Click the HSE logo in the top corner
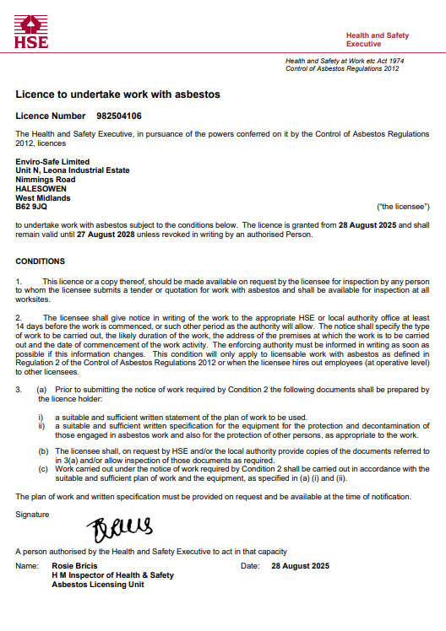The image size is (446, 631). (x=31, y=30)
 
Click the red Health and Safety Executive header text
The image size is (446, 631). (x=377, y=39)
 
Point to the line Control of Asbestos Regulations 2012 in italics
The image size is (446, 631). (x=342, y=68)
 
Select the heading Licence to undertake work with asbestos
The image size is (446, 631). (x=117, y=94)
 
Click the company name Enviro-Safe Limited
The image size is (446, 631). (x=52, y=161)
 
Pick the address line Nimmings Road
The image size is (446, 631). (x=46, y=180)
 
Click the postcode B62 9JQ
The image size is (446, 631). (x=31, y=207)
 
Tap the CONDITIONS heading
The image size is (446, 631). (x=40, y=262)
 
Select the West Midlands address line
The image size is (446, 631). (x=43, y=198)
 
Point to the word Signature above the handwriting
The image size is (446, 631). (x=33, y=513)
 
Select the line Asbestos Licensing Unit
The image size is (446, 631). (x=98, y=584)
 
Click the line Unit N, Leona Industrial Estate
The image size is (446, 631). (x=73, y=170)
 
